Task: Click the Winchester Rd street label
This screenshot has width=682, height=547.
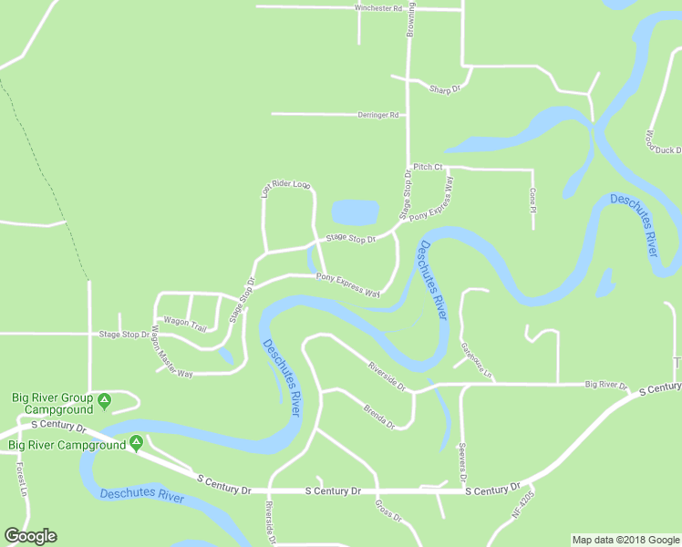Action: [x=378, y=8]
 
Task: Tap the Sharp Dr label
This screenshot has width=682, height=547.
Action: [x=444, y=88]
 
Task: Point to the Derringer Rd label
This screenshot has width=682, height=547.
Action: [x=381, y=115]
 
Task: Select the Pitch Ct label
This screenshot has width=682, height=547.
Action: [x=428, y=167]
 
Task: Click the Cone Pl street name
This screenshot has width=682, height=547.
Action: [x=532, y=198]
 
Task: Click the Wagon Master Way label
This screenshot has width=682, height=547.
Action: [x=172, y=350]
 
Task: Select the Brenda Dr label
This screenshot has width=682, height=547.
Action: [x=379, y=417]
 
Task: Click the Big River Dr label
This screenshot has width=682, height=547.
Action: [x=606, y=386]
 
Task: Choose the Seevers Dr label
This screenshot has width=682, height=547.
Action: [x=463, y=465]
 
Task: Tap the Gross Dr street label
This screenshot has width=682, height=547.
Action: [x=388, y=510]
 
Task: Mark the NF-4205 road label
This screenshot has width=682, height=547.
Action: [x=523, y=503]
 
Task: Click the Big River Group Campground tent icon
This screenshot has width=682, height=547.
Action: [x=105, y=399]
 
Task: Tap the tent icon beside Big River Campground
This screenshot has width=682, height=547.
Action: [x=136, y=443]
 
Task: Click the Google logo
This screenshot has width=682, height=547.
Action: [x=30, y=536]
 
